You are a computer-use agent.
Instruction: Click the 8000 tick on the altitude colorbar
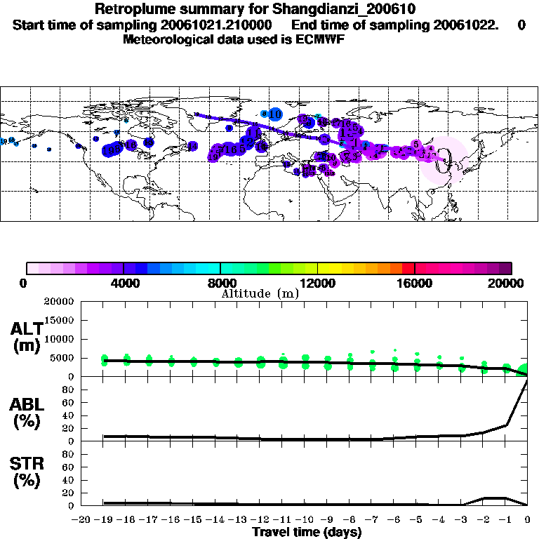pos(221,283)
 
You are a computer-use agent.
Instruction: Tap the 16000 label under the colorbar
pos(415,283)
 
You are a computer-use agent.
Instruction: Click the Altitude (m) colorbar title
pos(260,293)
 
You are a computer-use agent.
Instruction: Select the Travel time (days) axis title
pos(307,532)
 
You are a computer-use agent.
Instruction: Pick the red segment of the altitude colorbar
pos(408,267)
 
